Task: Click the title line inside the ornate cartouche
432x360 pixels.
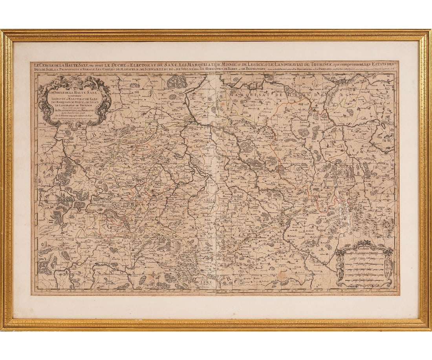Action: (x=75, y=92)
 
